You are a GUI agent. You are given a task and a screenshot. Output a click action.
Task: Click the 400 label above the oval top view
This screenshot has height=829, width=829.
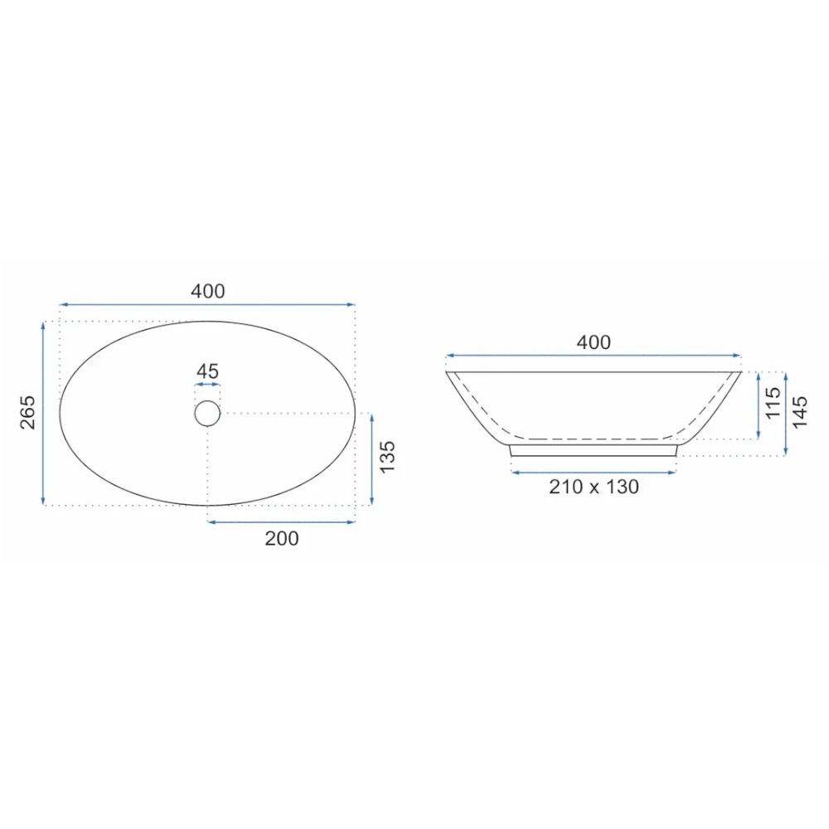(x=208, y=291)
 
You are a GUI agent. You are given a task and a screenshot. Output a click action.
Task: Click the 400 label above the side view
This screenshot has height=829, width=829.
(x=594, y=342)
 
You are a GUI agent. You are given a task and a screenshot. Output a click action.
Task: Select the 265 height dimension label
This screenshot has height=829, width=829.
(x=27, y=412)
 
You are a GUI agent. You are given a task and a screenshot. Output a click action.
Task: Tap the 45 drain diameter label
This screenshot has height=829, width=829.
(x=207, y=371)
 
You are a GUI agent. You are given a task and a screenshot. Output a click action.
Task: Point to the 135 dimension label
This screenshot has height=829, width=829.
(x=387, y=458)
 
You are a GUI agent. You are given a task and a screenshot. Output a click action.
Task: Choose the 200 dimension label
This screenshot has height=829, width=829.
(x=282, y=539)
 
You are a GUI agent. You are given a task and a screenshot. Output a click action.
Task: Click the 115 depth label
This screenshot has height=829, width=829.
(x=773, y=403)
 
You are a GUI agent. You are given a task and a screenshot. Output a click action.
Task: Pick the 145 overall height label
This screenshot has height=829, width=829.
(x=799, y=412)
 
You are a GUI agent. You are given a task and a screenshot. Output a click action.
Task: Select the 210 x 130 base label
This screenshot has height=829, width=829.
(x=594, y=487)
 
